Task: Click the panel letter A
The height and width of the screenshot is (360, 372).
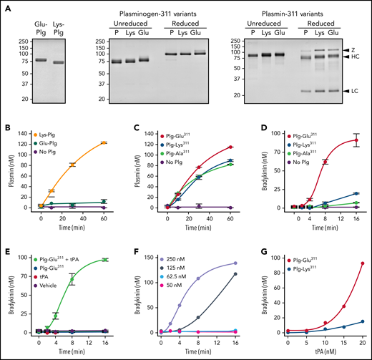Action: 6,6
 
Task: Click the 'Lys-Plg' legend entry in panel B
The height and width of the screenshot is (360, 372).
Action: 54,137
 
